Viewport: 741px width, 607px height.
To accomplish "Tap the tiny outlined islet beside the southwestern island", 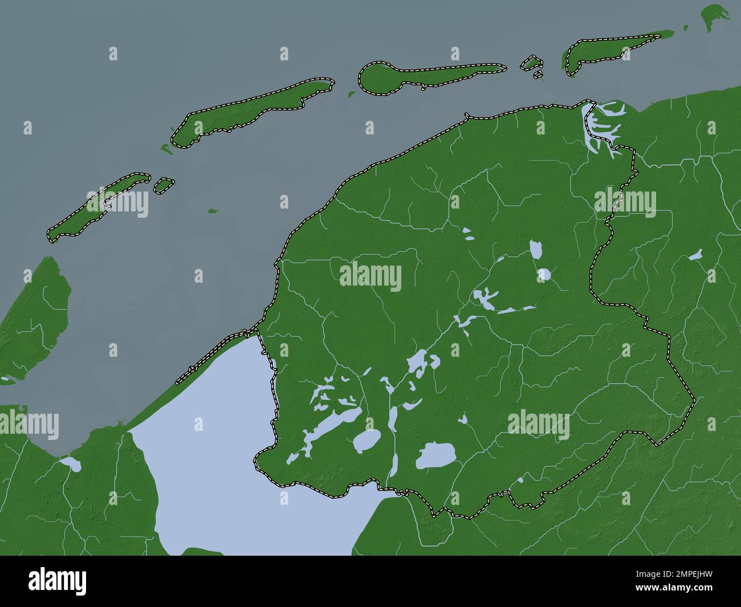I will coord(164,185).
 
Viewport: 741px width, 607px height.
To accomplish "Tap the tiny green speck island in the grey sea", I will coord(213,211).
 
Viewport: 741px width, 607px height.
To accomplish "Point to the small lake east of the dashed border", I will coord(695,255).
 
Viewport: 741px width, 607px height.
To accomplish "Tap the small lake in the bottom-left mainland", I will coord(72,464).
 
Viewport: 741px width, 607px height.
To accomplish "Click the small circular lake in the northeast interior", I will coord(544,275).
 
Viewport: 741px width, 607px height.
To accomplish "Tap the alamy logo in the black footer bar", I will coord(57,581).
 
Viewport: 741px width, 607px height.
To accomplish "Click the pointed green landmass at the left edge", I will coord(40,319).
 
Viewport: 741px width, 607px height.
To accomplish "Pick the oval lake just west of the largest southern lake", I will coord(367,440).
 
